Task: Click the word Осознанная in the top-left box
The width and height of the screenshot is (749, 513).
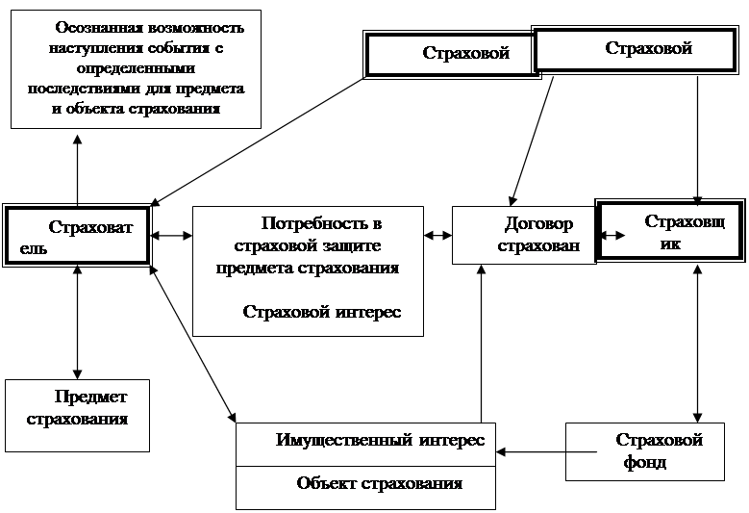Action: pyautogui.click(x=102, y=29)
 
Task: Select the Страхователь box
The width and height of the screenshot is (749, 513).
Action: pyautogui.click(x=77, y=234)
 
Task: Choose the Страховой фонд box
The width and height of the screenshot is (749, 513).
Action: pyautogui.click(x=644, y=450)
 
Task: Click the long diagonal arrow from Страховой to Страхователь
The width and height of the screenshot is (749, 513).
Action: pyautogui.click(x=260, y=141)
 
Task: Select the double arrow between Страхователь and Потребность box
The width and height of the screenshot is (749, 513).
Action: pyautogui.click(x=171, y=235)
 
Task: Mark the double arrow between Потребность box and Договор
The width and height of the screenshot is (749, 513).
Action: pyautogui.click(x=437, y=235)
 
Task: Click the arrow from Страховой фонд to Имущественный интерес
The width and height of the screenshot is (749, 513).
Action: pyautogui.click(x=531, y=450)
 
